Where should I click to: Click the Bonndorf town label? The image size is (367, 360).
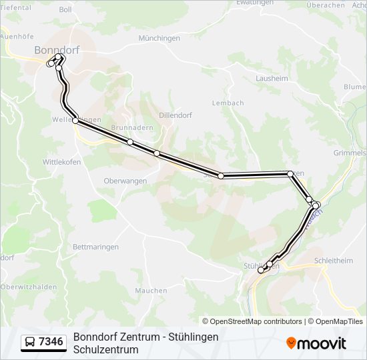(x=57, y=50)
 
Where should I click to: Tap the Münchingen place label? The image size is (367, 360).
(x=159, y=39)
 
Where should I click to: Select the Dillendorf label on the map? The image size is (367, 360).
(x=175, y=115)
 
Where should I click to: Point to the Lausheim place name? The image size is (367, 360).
(x=272, y=78)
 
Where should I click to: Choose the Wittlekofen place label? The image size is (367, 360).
(x=62, y=162)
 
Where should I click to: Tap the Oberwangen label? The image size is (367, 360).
(x=125, y=181)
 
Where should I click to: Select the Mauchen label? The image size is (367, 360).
(x=151, y=291)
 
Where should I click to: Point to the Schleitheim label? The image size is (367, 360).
(x=332, y=261)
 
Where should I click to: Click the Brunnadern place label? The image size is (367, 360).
(x=132, y=127)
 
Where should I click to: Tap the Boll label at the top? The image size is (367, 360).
(x=65, y=9)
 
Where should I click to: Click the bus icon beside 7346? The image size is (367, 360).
(x=30, y=342)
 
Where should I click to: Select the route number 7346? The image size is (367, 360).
(x=51, y=342)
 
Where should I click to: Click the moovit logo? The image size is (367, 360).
(x=316, y=343)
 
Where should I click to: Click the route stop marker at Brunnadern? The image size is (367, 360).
(x=130, y=142)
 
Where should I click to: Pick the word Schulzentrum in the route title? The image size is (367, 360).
(x=105, y=349)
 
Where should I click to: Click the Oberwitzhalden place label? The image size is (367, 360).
(x=29, y=287)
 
